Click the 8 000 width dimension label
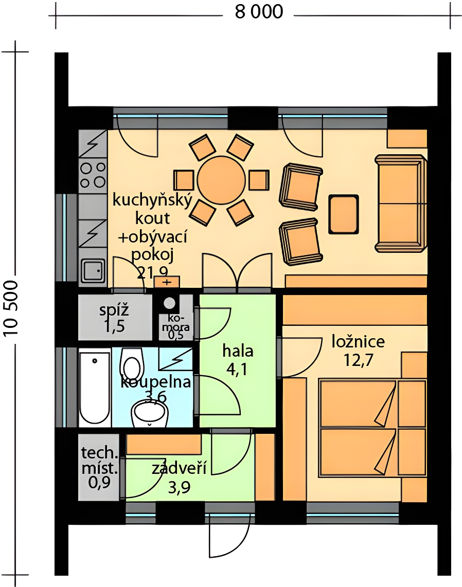pos(259,12)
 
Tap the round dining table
pos(221,180)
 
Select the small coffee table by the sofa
pos(344,214)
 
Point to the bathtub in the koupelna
pos(95,388)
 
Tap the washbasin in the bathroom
pos(150,413)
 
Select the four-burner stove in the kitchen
pos(93,175)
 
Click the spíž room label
pos(114,310)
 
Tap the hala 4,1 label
pos(238,360)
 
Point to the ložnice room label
pos(358,342)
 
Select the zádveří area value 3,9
pos(179,487)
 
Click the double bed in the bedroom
pos(372,428)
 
